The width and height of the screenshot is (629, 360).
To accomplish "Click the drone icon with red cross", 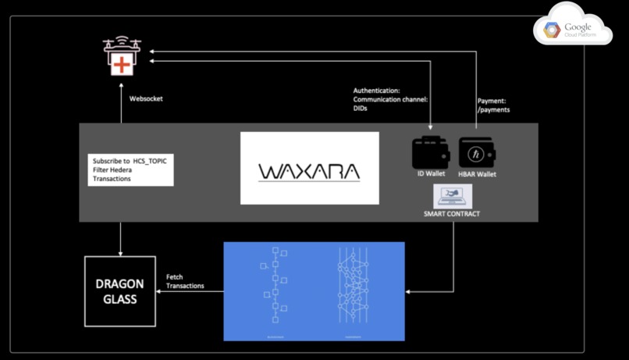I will [122, 58].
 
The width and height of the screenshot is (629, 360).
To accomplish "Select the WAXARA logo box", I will [309, 168].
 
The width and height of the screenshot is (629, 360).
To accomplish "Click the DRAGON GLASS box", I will [119, 290].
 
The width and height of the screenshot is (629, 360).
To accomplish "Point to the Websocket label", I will [146, 99].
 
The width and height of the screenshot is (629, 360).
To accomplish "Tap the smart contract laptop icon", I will [453, 196].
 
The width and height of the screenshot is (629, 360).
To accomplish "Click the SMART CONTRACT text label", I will [452, 214].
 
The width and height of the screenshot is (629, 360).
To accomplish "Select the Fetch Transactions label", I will [185, 281].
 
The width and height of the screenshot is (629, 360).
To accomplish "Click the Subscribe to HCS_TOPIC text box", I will [130, 169].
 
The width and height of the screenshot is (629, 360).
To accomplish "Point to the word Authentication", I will [376, 91].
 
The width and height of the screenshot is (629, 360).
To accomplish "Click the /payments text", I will [493, 110].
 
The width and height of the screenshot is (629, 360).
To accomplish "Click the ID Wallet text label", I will [430, 174].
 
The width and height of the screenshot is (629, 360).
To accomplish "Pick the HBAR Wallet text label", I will [477, 174].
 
